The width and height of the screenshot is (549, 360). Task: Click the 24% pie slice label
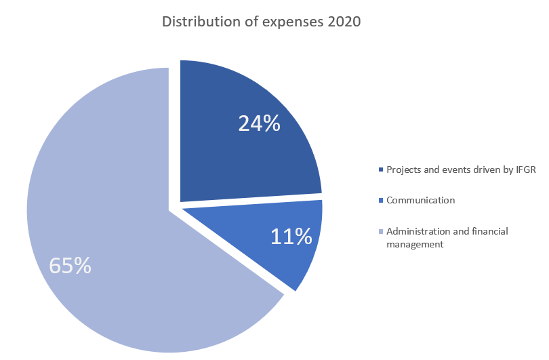[259, 123]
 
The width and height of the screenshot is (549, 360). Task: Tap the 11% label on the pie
[291, 236]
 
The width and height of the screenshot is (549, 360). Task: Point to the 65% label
[70, 265]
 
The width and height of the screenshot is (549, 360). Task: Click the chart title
[261, 22]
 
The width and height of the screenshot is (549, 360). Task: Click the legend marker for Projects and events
[381, 169]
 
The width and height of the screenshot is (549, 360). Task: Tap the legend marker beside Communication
[381, 201]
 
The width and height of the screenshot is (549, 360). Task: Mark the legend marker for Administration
[381, 232]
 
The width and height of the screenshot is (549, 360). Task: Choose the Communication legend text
[420, 201]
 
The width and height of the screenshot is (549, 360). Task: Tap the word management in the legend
[415, 244]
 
